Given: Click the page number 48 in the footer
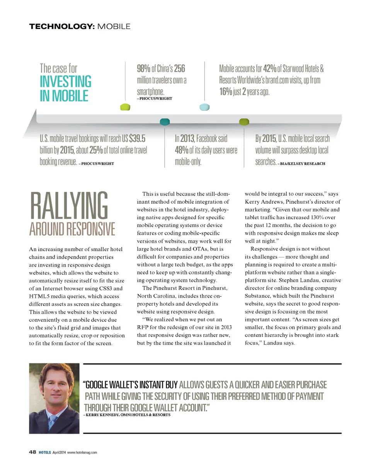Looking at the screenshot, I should tap(32, 452).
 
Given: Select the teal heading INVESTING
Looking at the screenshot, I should tap(66, 82).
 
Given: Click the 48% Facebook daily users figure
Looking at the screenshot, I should tap(182, 150).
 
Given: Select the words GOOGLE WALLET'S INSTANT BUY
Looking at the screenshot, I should tap(131, 385).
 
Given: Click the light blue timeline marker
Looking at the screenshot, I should tap(204, 107).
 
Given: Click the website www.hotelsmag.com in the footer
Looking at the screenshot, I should tap(82, 453).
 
